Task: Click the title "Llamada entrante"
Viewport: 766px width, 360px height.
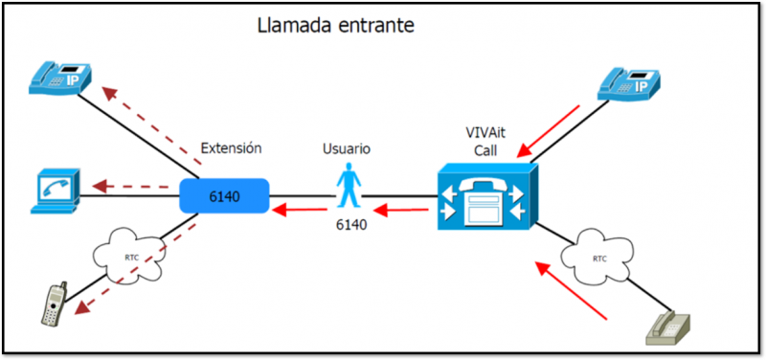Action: tap(335, 26)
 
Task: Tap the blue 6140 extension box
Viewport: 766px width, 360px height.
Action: tap(224, 196)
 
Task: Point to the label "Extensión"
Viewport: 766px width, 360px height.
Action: tap(231, 148)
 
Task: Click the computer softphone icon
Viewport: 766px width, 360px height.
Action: tap(54, 189)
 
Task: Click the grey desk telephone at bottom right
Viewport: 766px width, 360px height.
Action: tap(670, 327)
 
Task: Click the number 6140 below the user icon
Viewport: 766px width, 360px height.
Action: tap(351, 226)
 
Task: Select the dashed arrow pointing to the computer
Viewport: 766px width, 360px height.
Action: tap(132, 187)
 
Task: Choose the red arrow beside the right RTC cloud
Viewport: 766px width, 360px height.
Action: tap(573, 291)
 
